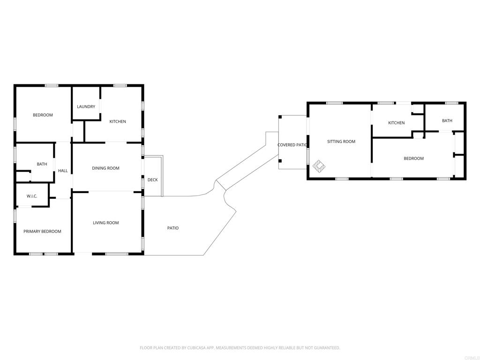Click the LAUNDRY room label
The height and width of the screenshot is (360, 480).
click(86, 106)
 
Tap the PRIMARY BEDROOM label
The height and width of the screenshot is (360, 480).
click(42, 231)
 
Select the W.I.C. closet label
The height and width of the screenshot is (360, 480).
click(32, 196)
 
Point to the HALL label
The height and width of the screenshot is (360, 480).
click(63, 171)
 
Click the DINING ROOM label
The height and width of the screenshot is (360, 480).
click(105, 168)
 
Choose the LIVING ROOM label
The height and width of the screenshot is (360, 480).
click(105, 223)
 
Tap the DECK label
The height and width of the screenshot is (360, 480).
click(152, 180)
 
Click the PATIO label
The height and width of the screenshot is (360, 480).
click(173, 228)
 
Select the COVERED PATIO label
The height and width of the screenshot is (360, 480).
click(292, 145)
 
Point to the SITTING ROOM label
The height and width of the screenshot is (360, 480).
click(341, 141)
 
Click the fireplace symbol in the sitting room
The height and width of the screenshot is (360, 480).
click(319, 165)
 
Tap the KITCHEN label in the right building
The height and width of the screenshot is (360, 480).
click(396, 123)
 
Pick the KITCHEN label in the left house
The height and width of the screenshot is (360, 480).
click(118, 121)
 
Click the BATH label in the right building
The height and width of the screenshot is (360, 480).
click(447, 120)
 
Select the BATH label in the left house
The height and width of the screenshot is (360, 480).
click(42, 164)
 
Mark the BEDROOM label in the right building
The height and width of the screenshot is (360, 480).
click(413, 158)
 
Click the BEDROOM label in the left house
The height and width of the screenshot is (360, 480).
click(43, 115)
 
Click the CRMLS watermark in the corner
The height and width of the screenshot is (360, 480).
click(470, 357)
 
